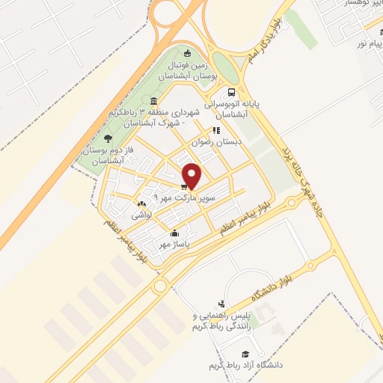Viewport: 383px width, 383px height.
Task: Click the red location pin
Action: (x=193, y=176)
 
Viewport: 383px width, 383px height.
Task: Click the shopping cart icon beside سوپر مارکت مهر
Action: (x=184, y=186)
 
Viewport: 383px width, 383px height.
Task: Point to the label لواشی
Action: (x=142, y=215)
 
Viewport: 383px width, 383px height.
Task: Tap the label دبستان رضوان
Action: (x=209, y=140)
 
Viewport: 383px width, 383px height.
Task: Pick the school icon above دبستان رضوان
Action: (x=217, y=130)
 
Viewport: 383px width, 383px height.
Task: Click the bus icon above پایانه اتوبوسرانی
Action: (x=252, y=94)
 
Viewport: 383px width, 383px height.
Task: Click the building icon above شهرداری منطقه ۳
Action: (x=153, y=102)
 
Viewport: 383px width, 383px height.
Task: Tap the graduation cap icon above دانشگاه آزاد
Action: (x=245, y=353)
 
